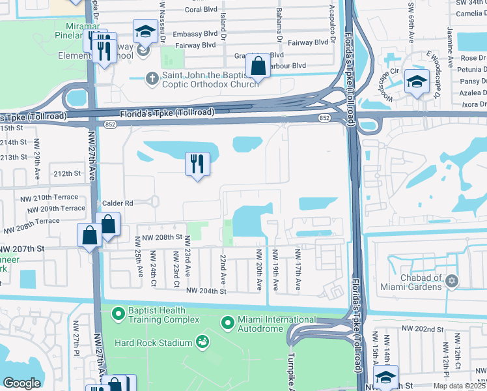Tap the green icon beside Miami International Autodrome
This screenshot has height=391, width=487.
227,323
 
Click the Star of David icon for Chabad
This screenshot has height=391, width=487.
451,281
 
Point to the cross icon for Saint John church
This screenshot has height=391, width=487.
152,79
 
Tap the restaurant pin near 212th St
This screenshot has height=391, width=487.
197,165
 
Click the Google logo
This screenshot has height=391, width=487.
21,383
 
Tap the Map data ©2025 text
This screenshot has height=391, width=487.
459,385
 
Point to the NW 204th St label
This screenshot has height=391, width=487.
207,291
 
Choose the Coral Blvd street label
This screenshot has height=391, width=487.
201,10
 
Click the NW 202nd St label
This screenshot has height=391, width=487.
423,330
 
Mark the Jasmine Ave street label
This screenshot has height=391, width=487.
450,43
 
